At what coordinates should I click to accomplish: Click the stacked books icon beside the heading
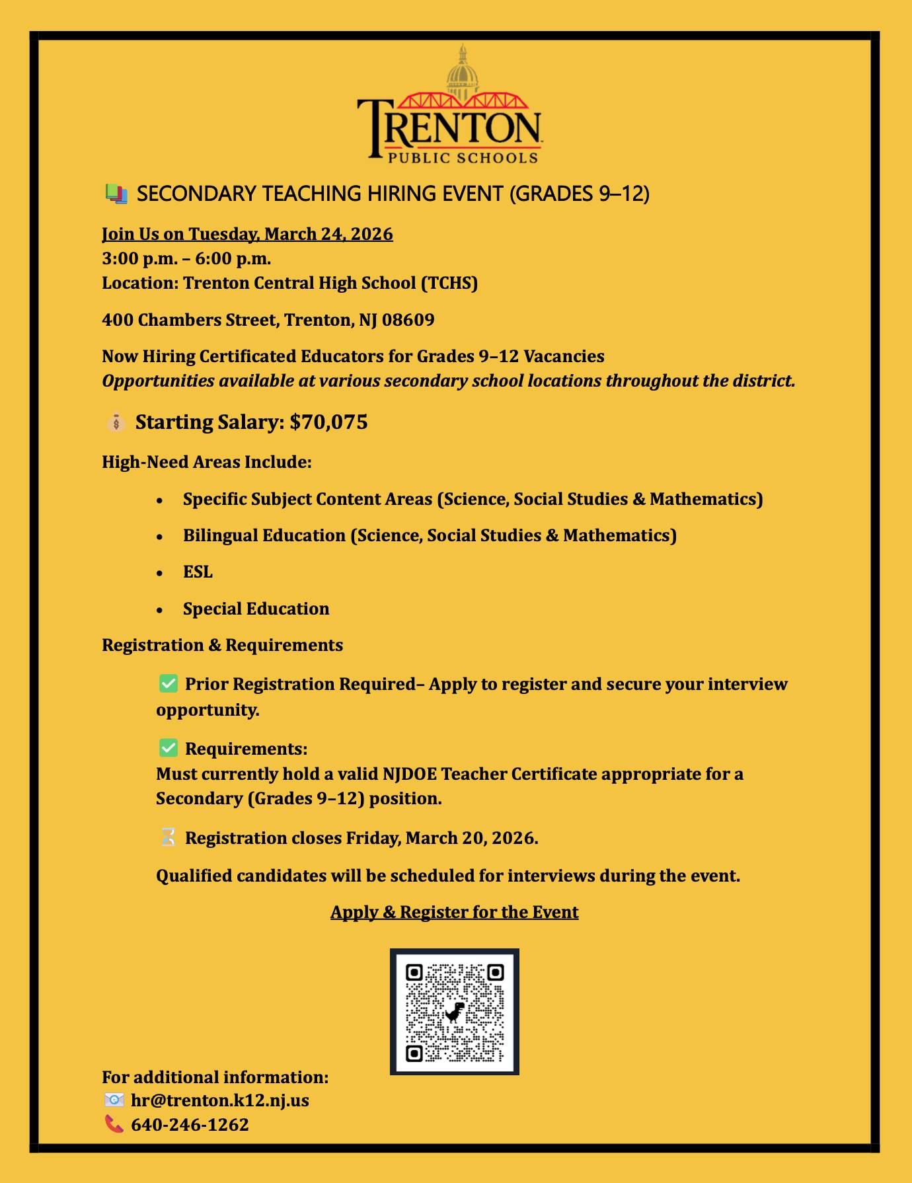116,194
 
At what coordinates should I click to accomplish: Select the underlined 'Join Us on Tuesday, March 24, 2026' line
247,234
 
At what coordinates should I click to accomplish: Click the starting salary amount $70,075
328,422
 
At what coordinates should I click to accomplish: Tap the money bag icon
116,422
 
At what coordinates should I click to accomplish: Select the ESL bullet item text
198,572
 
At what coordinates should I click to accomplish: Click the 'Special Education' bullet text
256,609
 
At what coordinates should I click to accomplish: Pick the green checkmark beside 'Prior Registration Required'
169,683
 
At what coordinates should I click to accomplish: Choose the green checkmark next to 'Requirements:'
169,748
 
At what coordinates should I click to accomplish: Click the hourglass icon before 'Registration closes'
169,837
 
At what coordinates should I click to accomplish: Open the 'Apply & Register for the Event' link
454,912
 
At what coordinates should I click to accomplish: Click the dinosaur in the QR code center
455,1011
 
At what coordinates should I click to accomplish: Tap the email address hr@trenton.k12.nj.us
220,1100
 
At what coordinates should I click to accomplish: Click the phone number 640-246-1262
190,1124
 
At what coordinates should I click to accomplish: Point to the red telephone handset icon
114,1124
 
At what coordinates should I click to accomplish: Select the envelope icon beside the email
114,1100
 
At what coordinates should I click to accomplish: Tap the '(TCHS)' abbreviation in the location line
449,283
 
